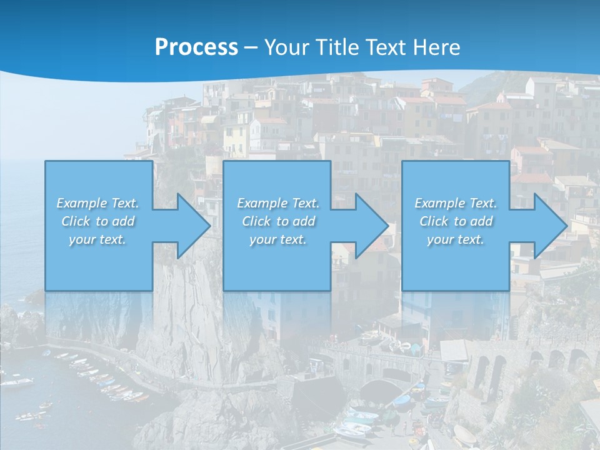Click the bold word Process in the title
point(196,47)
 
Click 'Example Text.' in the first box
point(97,203)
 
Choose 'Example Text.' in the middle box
point(278,203)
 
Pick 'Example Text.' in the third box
point(456,203)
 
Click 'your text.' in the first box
point(97,239)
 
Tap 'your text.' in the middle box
point(278,239)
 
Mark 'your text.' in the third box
point(456,239)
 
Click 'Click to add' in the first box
point(97,221)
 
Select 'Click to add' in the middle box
point(278,221)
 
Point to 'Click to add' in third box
point(456,221)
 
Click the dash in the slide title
point(251,47)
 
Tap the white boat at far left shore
point(17,382)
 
